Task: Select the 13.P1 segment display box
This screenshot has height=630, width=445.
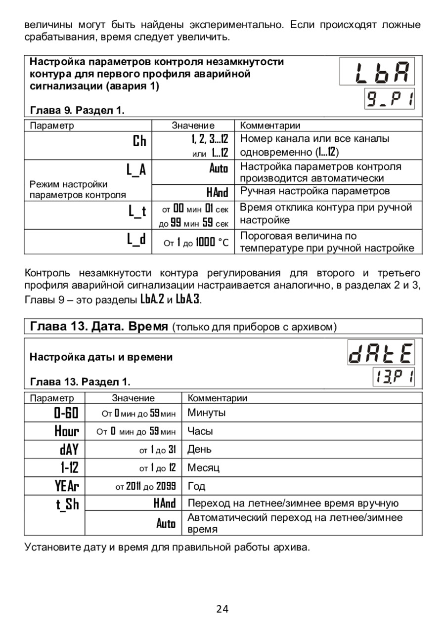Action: pyautogui.click(x=394, y=378)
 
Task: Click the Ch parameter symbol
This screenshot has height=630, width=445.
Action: pyautogui.click(x=139, y=141)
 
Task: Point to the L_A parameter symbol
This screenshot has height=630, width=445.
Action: pyautogui.click(x=136, y=169)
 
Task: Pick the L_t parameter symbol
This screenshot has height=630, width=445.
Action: pyautogui.click(x=137, y=211)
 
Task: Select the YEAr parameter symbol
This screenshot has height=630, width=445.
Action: pyautogui.click(x=67, y=486)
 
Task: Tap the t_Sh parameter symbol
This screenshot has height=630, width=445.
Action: pyautogui.click(x=67, y=504)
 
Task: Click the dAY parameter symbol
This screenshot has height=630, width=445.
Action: pyautogui.click(x=70, y=449)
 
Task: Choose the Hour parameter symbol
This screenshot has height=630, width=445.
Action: pyautogui.click(x=67, y=431)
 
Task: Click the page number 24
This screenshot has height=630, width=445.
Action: pyautogui.click(x=222, y=609)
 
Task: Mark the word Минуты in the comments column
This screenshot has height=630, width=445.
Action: pyautogui.click(x=207, y=413)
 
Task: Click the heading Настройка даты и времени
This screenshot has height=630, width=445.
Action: pyautogui.click(x=101, y=357)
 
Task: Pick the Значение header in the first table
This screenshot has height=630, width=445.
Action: pyautogui.click(x=193, y=126)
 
